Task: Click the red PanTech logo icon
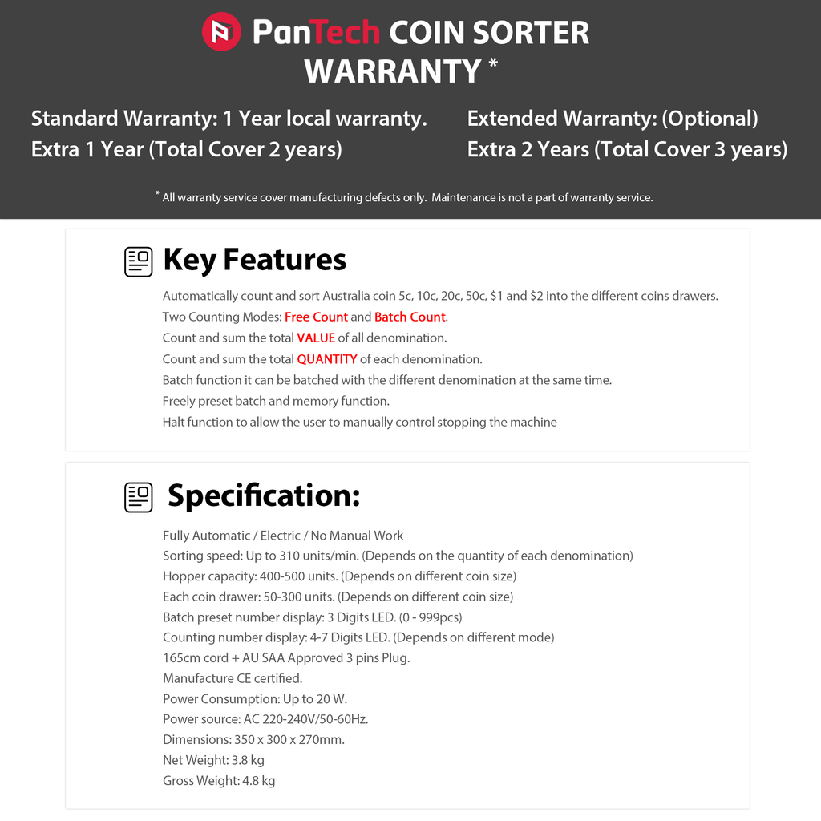coord(221,32)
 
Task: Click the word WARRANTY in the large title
coord(392,71)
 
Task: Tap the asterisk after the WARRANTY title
coord(492,63)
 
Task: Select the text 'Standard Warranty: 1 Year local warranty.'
coord(229,119)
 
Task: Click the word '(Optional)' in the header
coord(710,119)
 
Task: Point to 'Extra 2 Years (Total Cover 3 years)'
coord(627,149)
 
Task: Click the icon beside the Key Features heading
coord(139,261)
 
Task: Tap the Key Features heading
coord(254,260)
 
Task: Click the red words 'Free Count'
coord(316,317)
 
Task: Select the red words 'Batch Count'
coord(410,317)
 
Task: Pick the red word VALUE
coord(316,338)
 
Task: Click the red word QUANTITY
coord(327,359)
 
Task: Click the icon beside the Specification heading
coord(139,497)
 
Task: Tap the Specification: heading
coord(264,495)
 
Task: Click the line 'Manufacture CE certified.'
coord(233,678)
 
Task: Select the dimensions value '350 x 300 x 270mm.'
coord(289,739)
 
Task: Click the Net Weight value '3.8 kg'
coord(248,760)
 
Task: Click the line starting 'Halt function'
coord(359,422)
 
